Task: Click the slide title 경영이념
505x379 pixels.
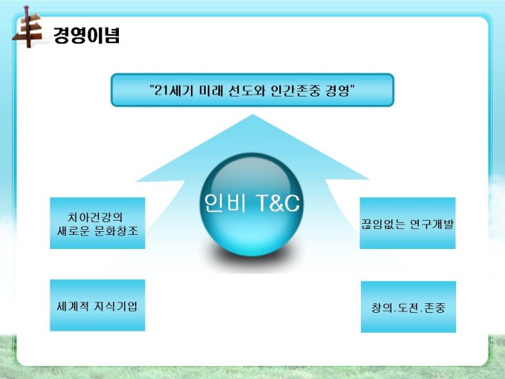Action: point(86,35)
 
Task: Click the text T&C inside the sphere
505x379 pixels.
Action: point(278,203)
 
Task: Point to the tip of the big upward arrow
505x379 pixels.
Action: point(252,114)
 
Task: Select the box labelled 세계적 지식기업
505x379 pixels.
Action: point(97,305)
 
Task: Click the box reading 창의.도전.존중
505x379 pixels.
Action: point(408,307)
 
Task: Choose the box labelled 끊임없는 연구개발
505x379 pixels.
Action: point(408,223)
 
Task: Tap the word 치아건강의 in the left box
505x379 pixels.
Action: point(95,217)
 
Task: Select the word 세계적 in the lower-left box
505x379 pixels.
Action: point(73,306)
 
